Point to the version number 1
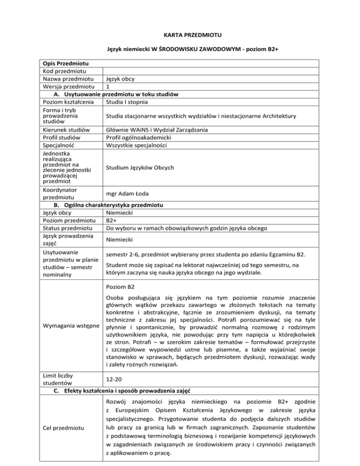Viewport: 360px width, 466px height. [x=108, y=86]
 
